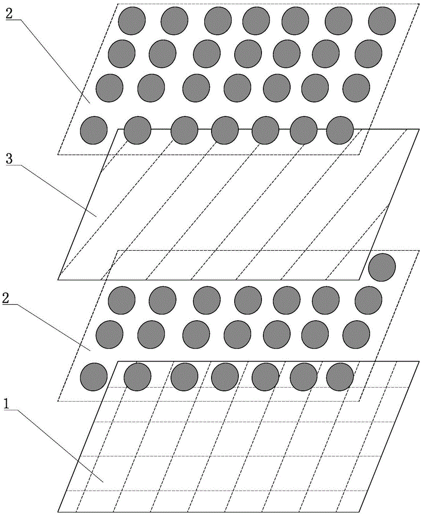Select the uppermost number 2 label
[9, 14]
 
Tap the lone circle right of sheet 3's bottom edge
[382, 267]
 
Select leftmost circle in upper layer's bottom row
[94, 130]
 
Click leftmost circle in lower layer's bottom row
[94, 377]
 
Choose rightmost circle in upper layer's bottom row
[340, 130]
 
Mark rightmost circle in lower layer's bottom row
[340, 377]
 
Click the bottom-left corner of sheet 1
[58, 512]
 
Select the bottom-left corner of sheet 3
[58, 280]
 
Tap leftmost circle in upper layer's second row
[122, 53]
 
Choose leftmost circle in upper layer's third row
[109, 88]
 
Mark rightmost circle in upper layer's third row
[356, 88]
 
